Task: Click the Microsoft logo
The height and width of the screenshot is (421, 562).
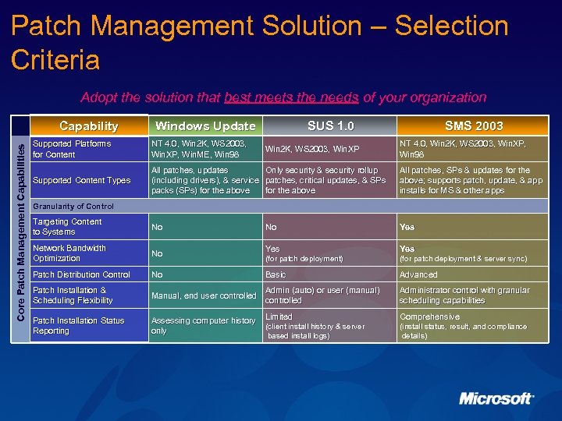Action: pos(496,398)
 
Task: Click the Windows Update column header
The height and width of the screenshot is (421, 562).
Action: pos(205,126)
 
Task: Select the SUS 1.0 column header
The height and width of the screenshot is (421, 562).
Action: pos(330,126)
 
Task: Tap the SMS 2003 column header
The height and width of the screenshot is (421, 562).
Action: pos(474,126)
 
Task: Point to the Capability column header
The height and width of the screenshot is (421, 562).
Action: pos(89,126)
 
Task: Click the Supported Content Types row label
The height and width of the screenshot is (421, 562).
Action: pos(81,180)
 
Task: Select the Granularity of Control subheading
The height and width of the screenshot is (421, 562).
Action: pos(73,207)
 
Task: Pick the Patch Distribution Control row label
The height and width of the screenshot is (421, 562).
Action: pos(81,274)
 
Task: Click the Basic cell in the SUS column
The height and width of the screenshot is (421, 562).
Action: pos(276,274)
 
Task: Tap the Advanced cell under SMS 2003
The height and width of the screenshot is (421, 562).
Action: pos(418,274)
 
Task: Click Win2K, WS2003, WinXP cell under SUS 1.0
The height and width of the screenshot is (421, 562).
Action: pos(312,149)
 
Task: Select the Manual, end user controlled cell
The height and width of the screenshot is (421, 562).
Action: pos(203,295)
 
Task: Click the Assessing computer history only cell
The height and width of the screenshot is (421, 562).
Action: pos(203,326)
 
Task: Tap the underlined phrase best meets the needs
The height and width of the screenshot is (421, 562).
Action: pos(291,97)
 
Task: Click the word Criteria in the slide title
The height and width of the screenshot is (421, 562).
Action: pos(55,60)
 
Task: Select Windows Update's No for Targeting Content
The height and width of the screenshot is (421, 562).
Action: pos(157,227)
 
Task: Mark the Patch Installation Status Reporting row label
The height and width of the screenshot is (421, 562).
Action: pos(78,326)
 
